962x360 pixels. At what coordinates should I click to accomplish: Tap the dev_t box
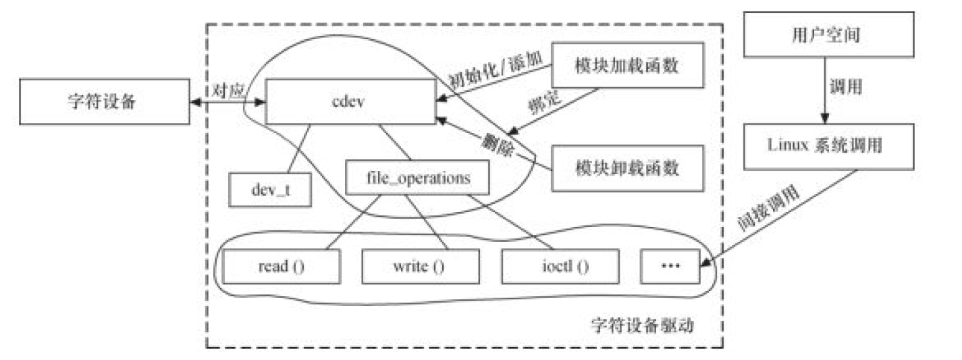[x=270, y=190]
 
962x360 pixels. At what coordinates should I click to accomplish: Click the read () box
[x=281, y=265]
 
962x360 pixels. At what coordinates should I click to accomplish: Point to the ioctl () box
[x=560, y=265]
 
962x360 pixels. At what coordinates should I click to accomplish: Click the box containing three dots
[x=670, y=265]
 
